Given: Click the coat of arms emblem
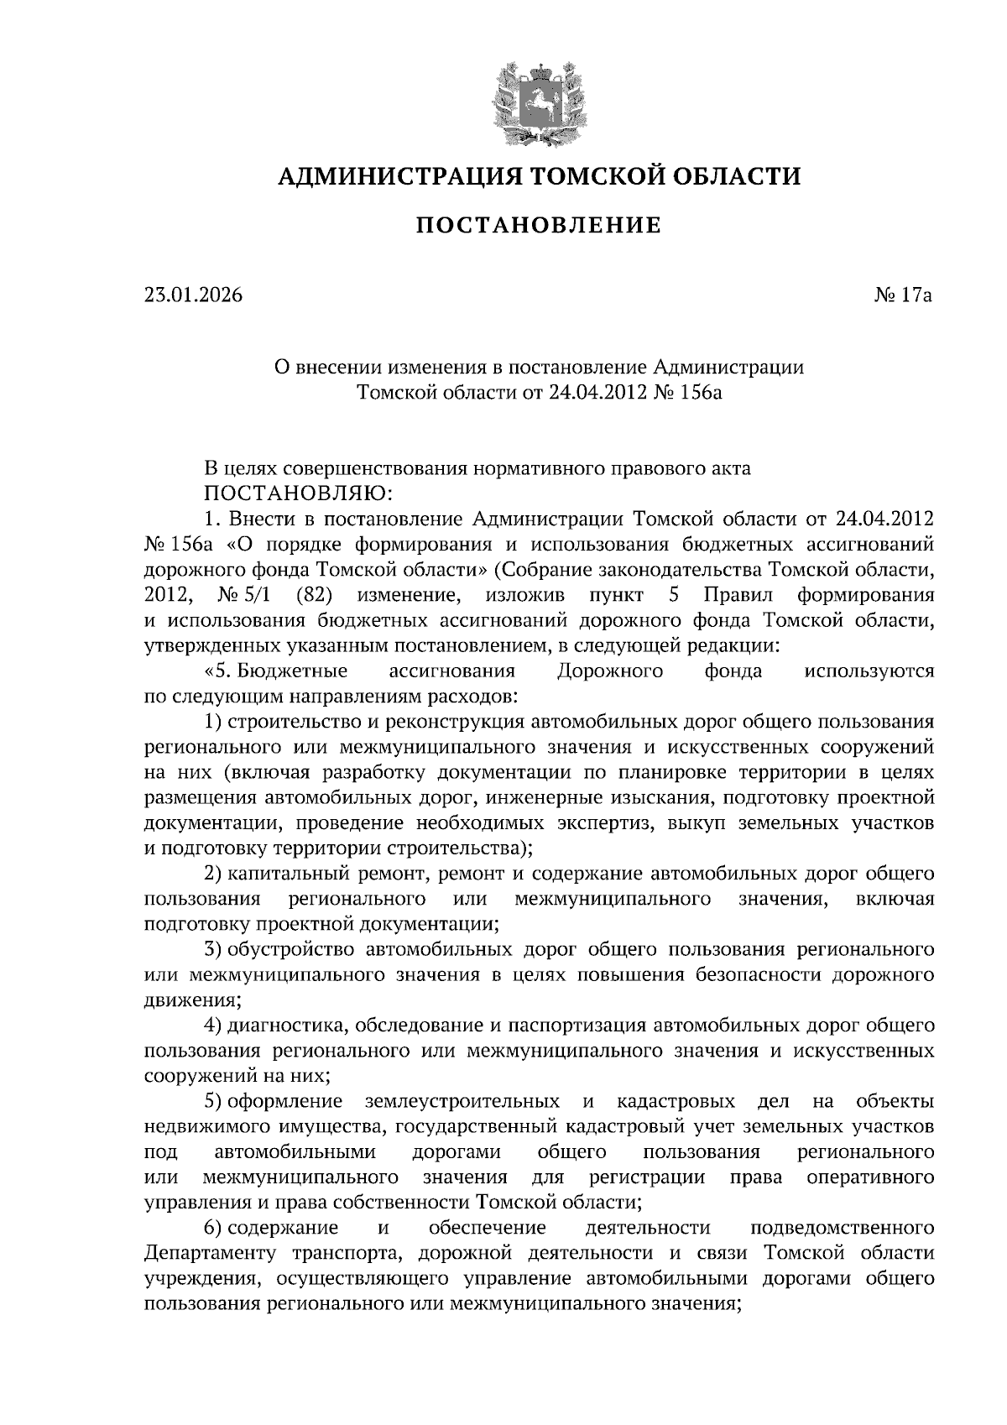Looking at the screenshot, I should click(x=538, y=102).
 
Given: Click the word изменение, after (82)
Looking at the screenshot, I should click(x=409, y=596).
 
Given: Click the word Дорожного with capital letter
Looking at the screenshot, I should click(x=609, y=671).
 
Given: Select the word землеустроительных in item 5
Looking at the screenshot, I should click(x=463, y=1101).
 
